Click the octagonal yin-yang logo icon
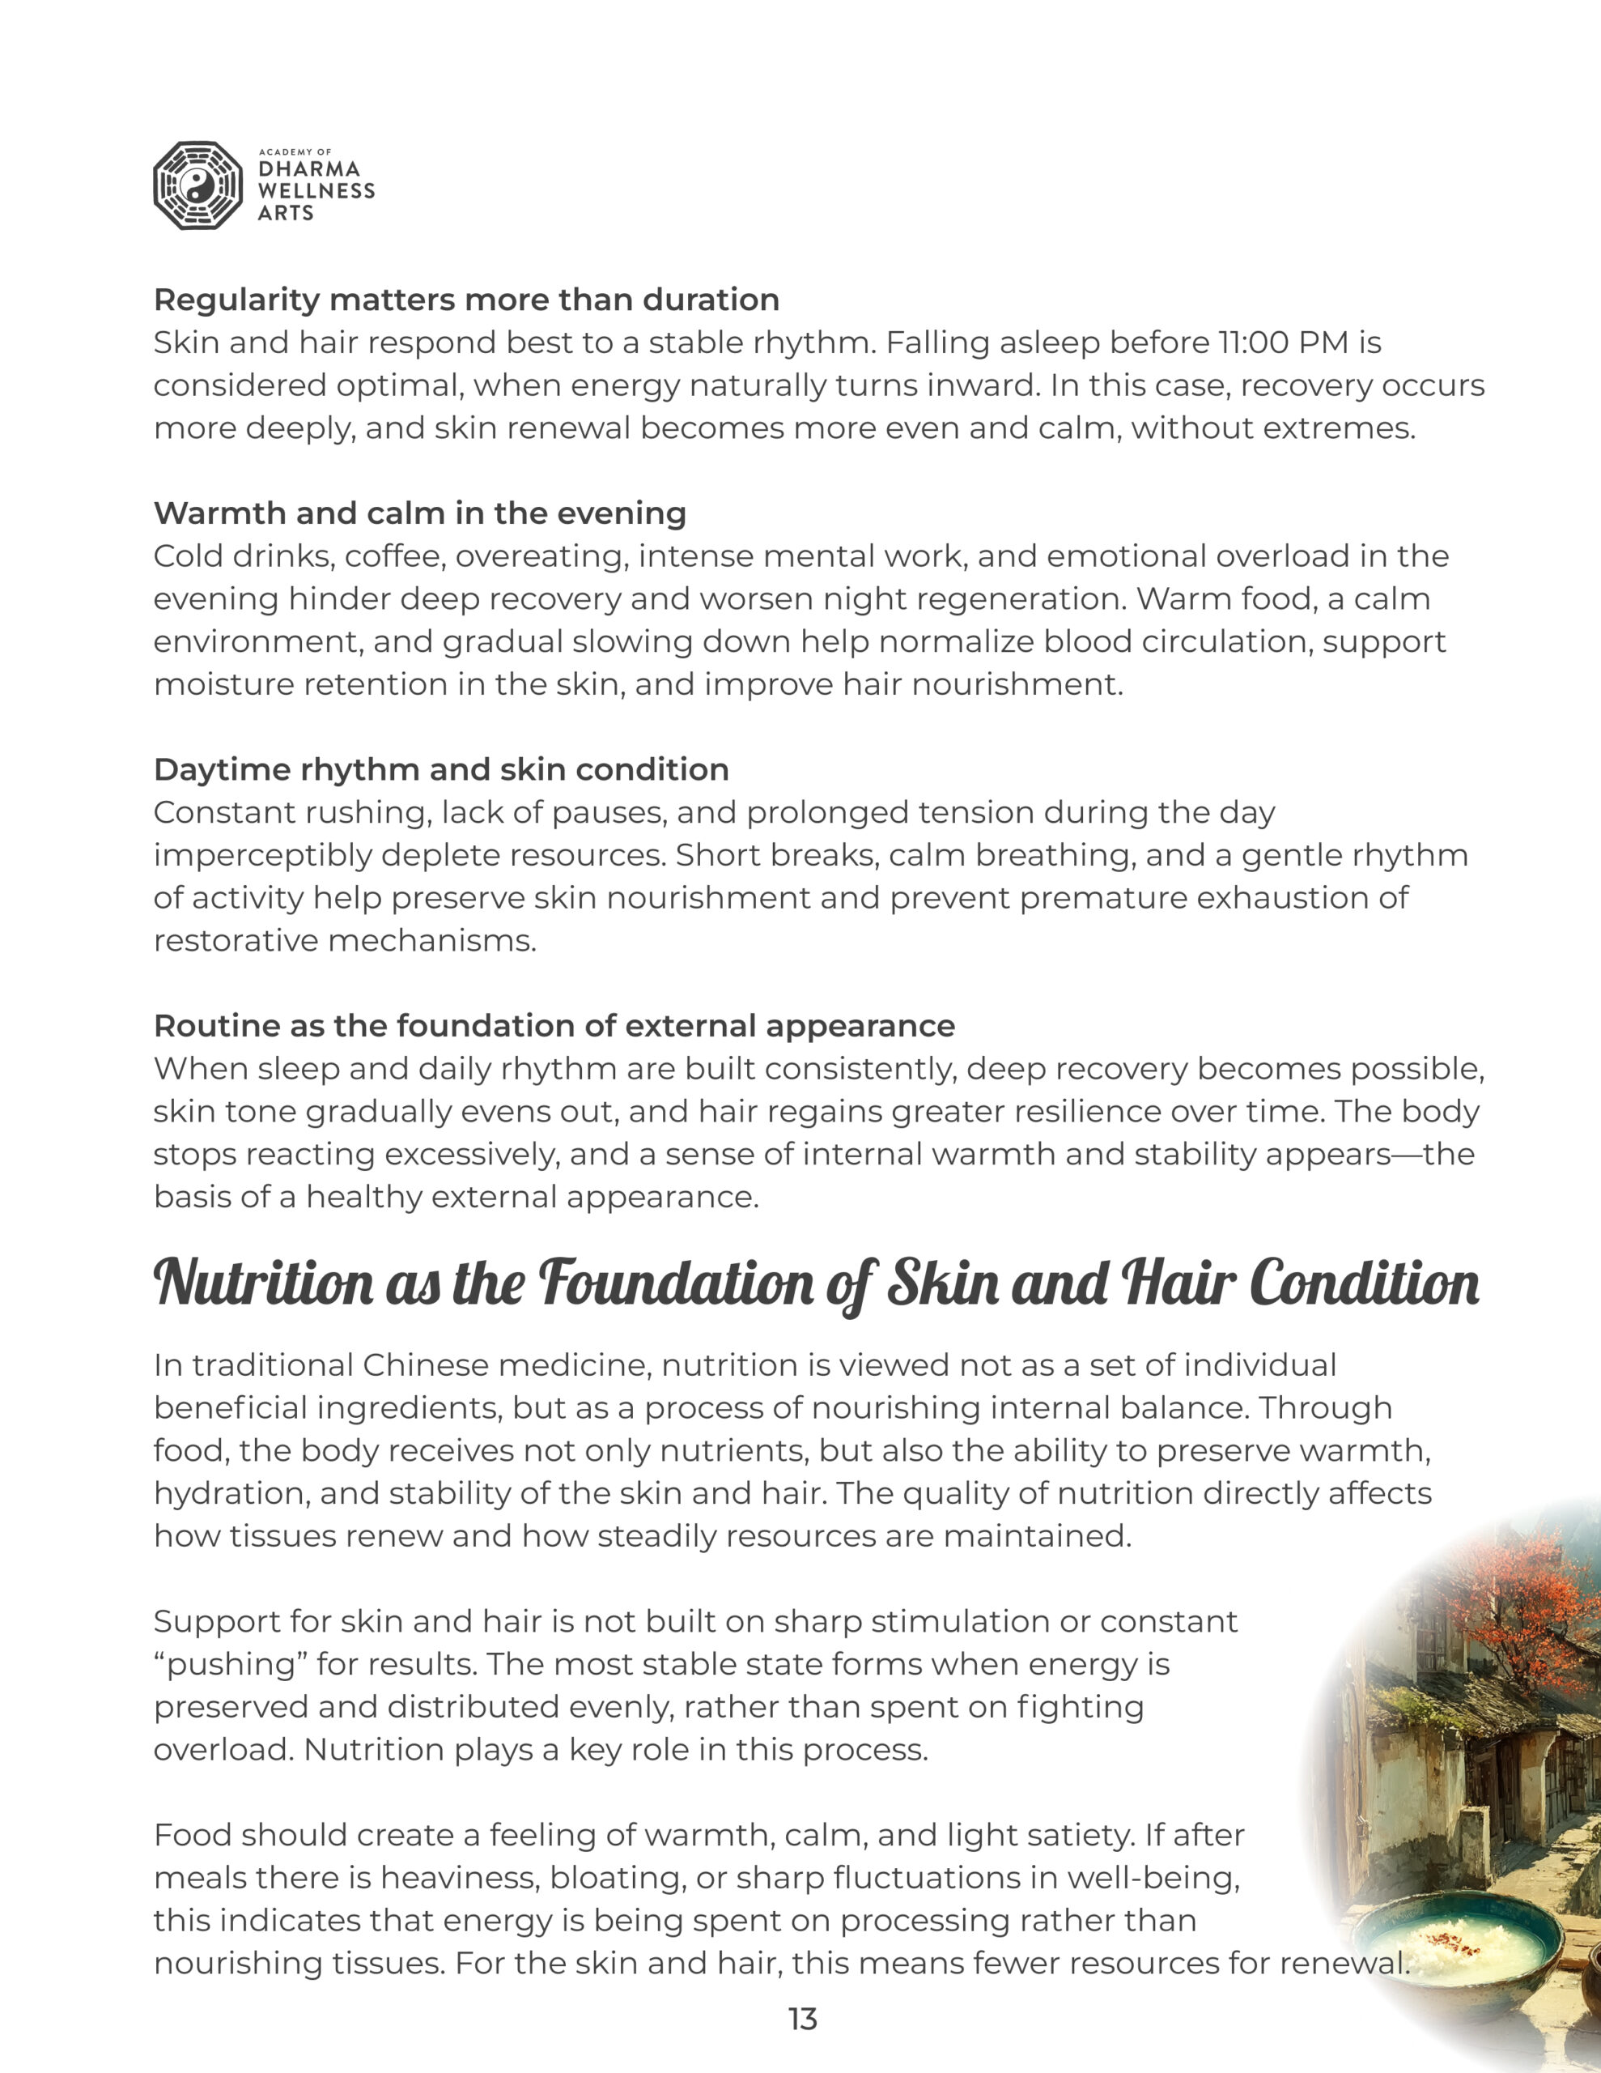pyautogui.click(x=198, y=186)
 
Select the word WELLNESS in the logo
pyautogui.click(x=316, y=191)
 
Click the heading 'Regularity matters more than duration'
pyautogui.click(x=466, y=300)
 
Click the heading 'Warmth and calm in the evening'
pyautogui.click(x=419, y=513)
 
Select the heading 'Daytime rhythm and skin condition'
pyautogui.click(x=441, y=770)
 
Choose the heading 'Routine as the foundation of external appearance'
pyautogui.click(x=554, y=1026)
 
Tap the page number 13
pyautogui.click(x=802, y=2019)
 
